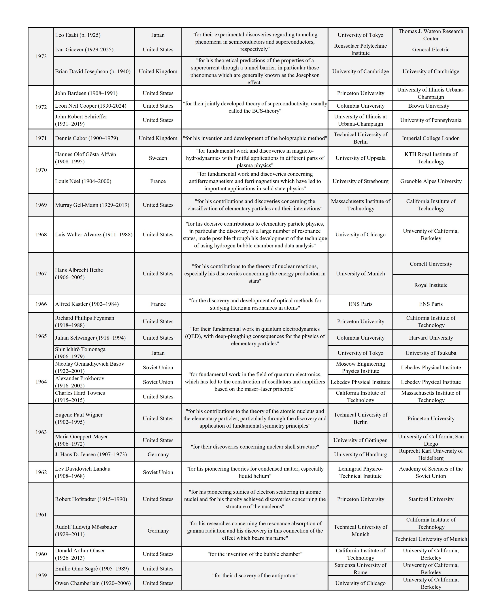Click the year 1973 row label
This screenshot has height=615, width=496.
coord(41,56)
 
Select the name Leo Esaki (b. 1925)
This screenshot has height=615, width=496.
coord(78,35)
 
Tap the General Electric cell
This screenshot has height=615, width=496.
coord(431,49)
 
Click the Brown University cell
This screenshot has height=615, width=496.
coord(429,106)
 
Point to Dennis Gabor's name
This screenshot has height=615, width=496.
coord(86,138)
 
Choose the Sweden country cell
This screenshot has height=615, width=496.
coord(158,158)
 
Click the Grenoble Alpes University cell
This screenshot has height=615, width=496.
coord(431,181)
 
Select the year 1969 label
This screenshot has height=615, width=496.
coord(41,205)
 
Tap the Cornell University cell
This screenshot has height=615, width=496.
coord(431,264)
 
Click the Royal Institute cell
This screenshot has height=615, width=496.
coord(431,285)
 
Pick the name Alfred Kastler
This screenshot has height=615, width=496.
coord(87,304)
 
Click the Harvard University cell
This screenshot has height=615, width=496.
coord(431,338)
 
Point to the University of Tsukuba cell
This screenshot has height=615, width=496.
coord(431,353)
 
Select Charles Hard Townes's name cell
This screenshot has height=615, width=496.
coord(80,396)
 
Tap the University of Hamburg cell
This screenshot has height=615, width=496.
coord(360,454)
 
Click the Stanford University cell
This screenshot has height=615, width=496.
coord(431,499)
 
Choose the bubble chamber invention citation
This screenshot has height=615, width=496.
coord(255,554)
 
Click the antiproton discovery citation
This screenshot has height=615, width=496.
coord(255,575)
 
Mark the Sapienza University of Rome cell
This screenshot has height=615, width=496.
coord(360,568)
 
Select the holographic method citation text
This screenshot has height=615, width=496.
coord(255,138)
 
